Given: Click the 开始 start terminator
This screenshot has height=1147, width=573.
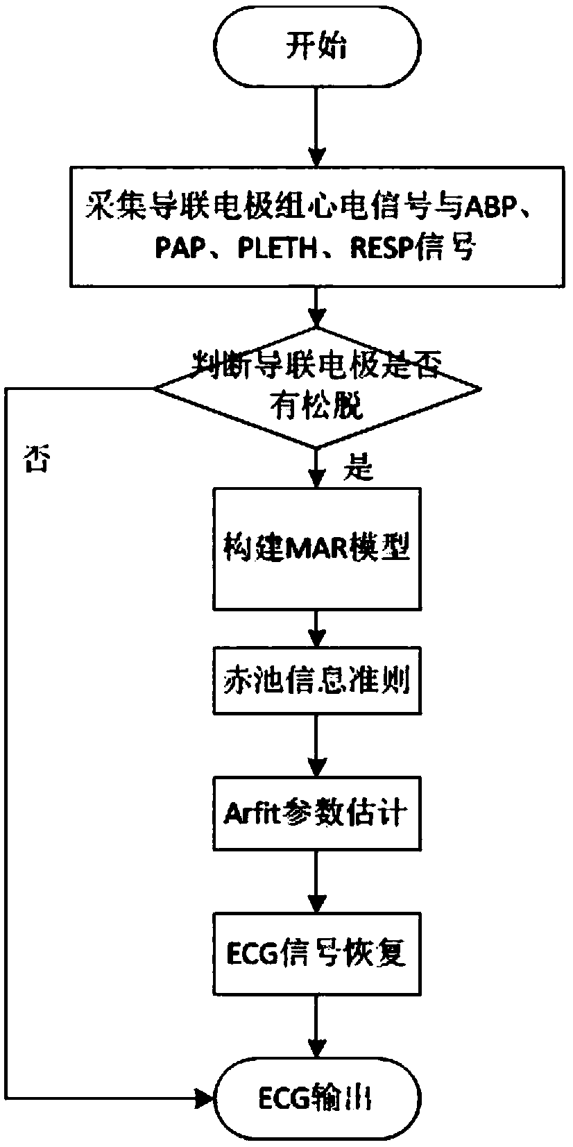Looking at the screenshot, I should click(316, 49).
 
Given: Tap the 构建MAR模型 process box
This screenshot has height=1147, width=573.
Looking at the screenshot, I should click(316, 549).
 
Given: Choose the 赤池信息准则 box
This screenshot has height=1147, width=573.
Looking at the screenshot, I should click(316, 681).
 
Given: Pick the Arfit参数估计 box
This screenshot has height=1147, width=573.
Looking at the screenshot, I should click(316, 813).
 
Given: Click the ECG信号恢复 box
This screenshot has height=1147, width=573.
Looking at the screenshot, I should click(316, 954).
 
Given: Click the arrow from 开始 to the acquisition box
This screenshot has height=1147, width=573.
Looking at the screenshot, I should click(316, 125).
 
